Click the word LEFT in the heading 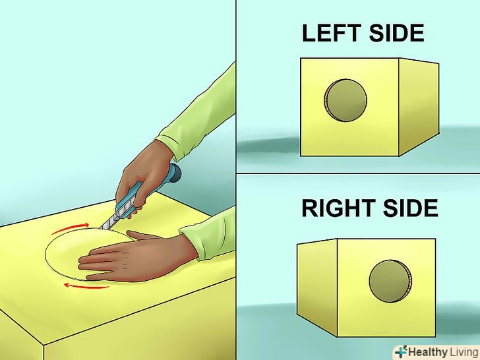[x=332, y=33]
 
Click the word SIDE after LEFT [x=397, y=33]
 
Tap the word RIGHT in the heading [x=339, y=208]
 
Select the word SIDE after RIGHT [x=411, y=208]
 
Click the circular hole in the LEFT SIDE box [x=345, y=100]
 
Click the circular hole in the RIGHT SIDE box [x=390, y=282]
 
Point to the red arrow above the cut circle [x=71, y=227]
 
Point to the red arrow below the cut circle [x=86, y=286]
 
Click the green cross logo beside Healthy [x=401, y=351]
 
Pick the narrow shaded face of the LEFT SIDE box [x=419, y=107]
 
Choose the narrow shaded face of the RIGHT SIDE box [x=317, y=287]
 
